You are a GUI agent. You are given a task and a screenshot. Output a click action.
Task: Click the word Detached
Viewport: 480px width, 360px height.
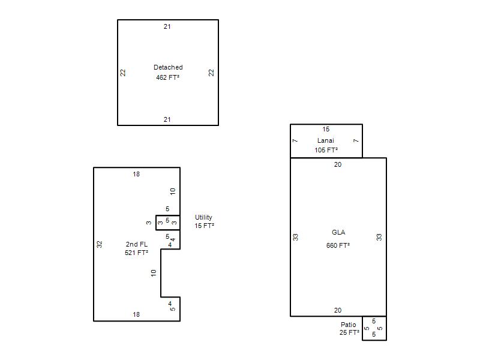(x=168, y=67)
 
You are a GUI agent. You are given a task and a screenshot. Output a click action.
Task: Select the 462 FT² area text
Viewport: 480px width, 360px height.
(x=168, y=77)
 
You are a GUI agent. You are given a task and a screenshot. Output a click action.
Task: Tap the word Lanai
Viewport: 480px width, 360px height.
(x=325, y=140)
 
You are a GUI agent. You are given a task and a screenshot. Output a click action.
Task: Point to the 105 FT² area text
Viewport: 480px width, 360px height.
(x=326, y=150)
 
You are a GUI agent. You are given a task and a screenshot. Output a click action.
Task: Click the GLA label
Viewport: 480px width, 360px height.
(x=338, y=232)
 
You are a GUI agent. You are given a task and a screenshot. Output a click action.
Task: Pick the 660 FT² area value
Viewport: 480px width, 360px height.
(x=338, y=245)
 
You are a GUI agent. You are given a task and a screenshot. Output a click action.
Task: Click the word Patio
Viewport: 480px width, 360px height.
(x=349, y=325)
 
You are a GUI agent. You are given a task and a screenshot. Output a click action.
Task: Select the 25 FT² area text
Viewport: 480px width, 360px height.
(x=349, y=332)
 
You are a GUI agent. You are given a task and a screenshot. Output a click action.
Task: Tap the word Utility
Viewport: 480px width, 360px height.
(x=203, y=217)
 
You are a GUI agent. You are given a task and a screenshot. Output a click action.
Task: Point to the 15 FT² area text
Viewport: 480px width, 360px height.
(x=204, y=226)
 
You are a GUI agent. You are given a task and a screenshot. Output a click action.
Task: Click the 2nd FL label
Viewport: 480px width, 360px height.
(x=137, y=244)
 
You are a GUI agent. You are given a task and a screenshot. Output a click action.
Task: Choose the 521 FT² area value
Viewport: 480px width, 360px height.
(x=136, y=253)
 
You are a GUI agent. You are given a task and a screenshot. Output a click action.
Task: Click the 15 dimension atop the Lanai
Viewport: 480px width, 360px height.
(x=326, y=129)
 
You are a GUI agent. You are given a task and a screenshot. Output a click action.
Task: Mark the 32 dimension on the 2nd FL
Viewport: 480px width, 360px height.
(x=99, y=244)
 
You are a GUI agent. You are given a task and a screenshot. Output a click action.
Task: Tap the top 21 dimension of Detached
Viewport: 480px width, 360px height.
(x=167, y=26)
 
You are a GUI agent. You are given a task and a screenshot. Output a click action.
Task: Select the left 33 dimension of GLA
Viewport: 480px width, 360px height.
(x=295, y=237)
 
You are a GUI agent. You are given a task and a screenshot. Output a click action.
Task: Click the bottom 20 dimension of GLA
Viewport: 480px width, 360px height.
(x=338, y=310)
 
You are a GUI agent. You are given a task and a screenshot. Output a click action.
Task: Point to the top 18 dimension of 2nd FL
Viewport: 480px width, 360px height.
(x=136, y=174)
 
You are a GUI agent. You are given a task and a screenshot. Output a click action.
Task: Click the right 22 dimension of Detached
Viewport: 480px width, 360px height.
(x=211, y=73)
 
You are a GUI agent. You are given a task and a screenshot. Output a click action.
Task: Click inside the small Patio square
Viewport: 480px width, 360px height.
(x=374, y=328)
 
